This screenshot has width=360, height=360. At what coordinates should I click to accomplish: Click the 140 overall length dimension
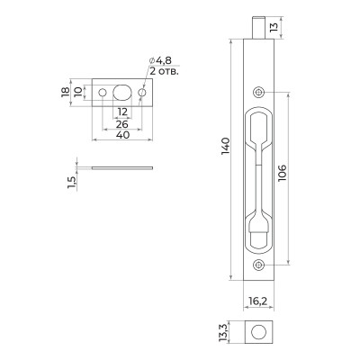226,146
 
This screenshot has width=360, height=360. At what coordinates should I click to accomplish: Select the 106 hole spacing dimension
282,177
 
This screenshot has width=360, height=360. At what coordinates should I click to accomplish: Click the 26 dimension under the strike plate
122,121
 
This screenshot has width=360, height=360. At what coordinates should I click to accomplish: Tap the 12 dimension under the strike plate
123,111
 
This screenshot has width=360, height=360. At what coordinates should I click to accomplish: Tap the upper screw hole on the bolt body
259,92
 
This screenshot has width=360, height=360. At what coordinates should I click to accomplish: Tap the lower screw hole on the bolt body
259,264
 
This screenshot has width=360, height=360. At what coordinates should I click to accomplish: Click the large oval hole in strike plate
123,93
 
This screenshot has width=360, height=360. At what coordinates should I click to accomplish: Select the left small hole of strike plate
103,93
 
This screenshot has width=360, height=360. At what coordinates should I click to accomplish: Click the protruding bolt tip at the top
259,26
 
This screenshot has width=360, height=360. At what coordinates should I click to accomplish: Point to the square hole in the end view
259,333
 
